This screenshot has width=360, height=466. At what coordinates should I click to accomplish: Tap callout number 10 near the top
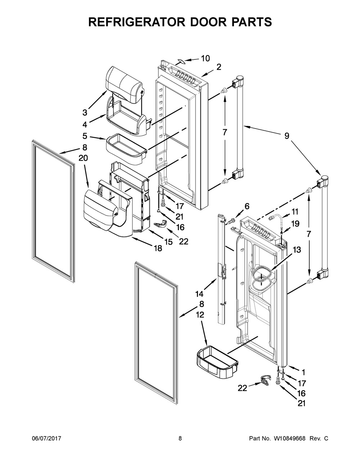[205, 58]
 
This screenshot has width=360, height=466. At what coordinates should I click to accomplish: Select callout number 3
[85, 112]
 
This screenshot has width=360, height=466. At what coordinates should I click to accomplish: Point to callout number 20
[83, 158]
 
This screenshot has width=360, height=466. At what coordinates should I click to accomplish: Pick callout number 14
[199, 293]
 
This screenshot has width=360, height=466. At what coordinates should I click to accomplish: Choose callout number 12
[200, 314]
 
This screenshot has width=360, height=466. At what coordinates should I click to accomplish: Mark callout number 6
[247, 206]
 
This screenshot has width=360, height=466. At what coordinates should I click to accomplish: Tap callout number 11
[295, 211]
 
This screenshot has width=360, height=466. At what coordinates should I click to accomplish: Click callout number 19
[295, 223]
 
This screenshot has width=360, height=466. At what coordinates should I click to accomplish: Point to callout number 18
[158, 248]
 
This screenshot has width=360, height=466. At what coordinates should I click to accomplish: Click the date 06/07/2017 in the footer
[46, 439]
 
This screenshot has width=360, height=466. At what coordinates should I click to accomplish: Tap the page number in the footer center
[180, 439]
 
